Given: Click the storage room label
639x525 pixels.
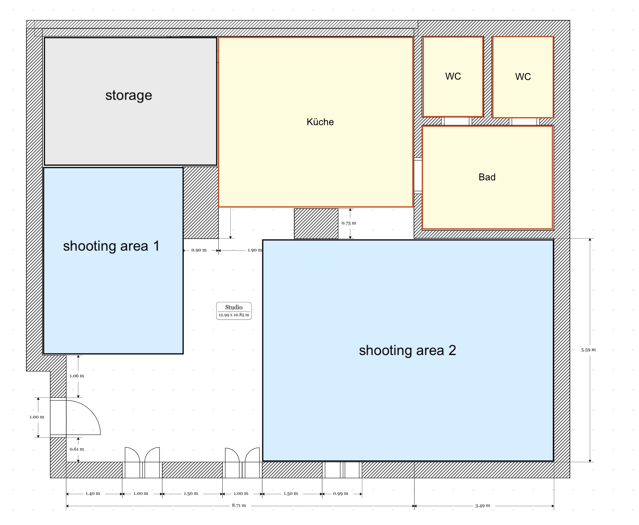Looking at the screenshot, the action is [128, 96].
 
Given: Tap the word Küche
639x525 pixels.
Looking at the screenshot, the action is [320, 122].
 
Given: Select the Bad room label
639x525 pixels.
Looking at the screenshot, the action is [487, 177].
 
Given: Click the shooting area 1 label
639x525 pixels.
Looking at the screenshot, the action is [111, 246].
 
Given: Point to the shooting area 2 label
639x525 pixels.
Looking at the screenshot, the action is [407, 350].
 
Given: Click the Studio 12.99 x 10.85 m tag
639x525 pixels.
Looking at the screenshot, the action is [234, 311].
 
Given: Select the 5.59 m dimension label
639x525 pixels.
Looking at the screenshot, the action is [588, 350].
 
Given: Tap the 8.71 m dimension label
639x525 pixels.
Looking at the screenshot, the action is [239, 505].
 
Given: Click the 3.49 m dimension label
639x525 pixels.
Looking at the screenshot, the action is [482, 506].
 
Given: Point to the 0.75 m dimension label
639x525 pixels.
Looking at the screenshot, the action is [349, 223].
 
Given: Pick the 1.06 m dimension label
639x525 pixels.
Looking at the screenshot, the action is [77, 376].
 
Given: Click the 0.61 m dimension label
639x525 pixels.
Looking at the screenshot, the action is [77, 449].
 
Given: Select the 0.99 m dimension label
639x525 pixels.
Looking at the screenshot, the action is [341, 493].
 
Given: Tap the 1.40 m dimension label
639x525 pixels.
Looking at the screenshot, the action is [92, 493].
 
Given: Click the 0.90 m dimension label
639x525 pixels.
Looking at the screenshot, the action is [199, 250].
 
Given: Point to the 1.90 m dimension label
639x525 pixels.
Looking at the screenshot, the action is [254, 250].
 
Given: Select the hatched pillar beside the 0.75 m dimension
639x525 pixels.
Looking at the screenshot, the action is [316, 224].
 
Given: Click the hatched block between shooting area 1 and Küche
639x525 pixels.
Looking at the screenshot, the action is [201, 202].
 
